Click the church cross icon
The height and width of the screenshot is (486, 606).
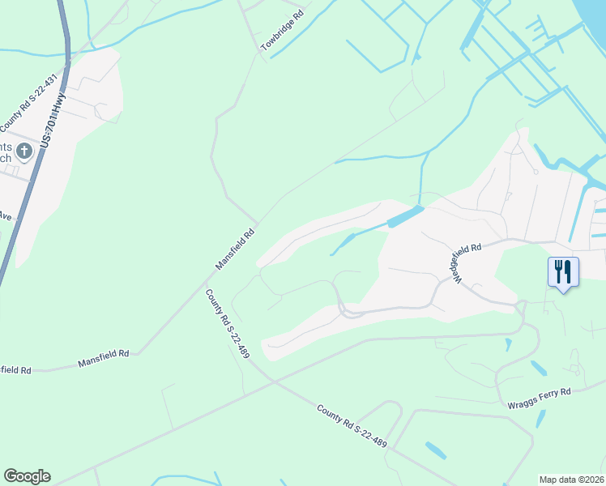(x=24, y=151)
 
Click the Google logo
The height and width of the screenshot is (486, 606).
(x=27, y=476)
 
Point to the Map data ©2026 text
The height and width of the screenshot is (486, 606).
(x=571, y=479)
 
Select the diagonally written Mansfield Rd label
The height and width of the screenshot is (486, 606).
(x=235, y=249)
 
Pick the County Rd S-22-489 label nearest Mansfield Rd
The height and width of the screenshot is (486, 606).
(x=227, y=324)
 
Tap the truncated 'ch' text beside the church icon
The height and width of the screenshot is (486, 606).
(x=5, y=159)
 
